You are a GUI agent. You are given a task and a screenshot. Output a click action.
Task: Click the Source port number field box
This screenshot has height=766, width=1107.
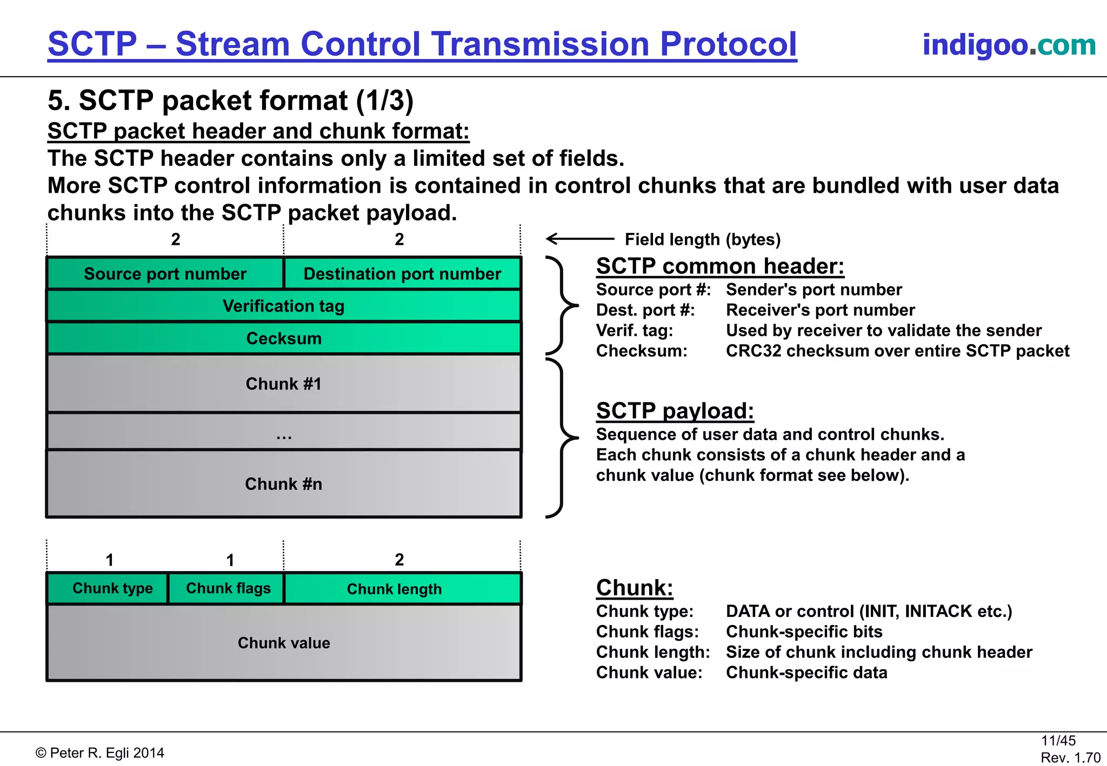(x=165, y=274)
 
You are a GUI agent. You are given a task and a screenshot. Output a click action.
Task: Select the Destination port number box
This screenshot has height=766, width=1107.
(x=402, y=274)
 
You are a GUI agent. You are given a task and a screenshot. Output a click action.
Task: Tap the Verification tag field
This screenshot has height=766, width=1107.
(x=283, y=306)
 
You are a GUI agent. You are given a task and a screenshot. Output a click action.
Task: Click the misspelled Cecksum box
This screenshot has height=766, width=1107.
(x=283, y=339)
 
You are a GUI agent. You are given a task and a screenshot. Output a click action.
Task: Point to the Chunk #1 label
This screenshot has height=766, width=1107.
(x=283, y=384)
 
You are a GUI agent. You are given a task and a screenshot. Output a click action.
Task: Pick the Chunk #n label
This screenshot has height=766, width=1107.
(x=283, y=484)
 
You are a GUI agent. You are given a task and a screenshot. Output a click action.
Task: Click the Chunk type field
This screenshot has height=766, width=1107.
(x=112, y=588)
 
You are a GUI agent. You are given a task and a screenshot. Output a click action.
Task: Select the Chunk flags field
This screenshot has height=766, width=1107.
(x=228, y=588)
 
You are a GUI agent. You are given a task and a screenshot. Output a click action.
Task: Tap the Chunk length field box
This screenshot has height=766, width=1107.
(x=395, y=589)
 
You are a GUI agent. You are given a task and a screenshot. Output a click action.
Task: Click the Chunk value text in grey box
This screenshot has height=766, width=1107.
(x=283, y=643)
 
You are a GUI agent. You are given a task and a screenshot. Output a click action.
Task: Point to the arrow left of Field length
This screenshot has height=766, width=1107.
(x=579, y=238)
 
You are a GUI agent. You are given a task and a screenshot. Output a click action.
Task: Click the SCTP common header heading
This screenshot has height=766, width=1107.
(x=720, y=266)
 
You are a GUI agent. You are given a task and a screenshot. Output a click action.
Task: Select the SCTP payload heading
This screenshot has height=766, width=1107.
(x=675, y=411)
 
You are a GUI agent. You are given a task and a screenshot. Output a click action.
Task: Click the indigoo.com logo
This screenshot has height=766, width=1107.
(x=1009, y=45)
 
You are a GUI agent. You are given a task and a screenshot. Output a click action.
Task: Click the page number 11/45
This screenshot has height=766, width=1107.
(x=1058, y=741)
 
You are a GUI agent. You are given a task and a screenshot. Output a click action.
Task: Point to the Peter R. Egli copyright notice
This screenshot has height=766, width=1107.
(x=100, y=753)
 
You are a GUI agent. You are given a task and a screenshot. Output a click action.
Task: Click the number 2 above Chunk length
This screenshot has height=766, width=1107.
(x=399, y=560)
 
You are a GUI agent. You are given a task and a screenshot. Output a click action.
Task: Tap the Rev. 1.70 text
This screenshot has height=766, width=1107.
(x=1070, y=758)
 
